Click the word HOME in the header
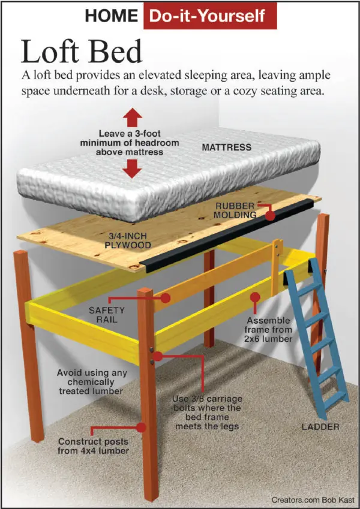pyautogui.click(x=112, y=16)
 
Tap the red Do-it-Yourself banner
pyautogui.click(x=210, y=16)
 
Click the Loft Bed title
pyautogui.click(x=82, y=52)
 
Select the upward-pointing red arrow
pyautogui.click(x=133, y=118)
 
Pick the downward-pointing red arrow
pyautogui.click(x=132, y=169)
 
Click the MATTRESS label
pyautogui.click(x=226, y=147)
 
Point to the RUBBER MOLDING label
pyautogui.click(x=235, y=210)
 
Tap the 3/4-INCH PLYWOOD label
pyautogui.click(x=128, y=240)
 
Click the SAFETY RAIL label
pyautogui.click(x=107, y=315)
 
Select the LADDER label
pyautogui.click(x=320, y=426)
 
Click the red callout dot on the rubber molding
pyautogui.click(x=270, y=215)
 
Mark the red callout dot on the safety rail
pyautogui.click(x=166, y=298)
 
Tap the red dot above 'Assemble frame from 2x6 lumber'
pyautogui.click(x=255, y=297)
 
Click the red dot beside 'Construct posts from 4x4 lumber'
pyautogui.click(x=141, y=427)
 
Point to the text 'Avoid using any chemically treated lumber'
pyautogui.click(x=91, y=382)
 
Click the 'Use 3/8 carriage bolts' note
pyautogui.click(x=207, y=412)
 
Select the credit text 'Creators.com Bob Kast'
pyautogui.click(x=313, y=500)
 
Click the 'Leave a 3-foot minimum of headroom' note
pyautogui.click(x=130, y=143)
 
